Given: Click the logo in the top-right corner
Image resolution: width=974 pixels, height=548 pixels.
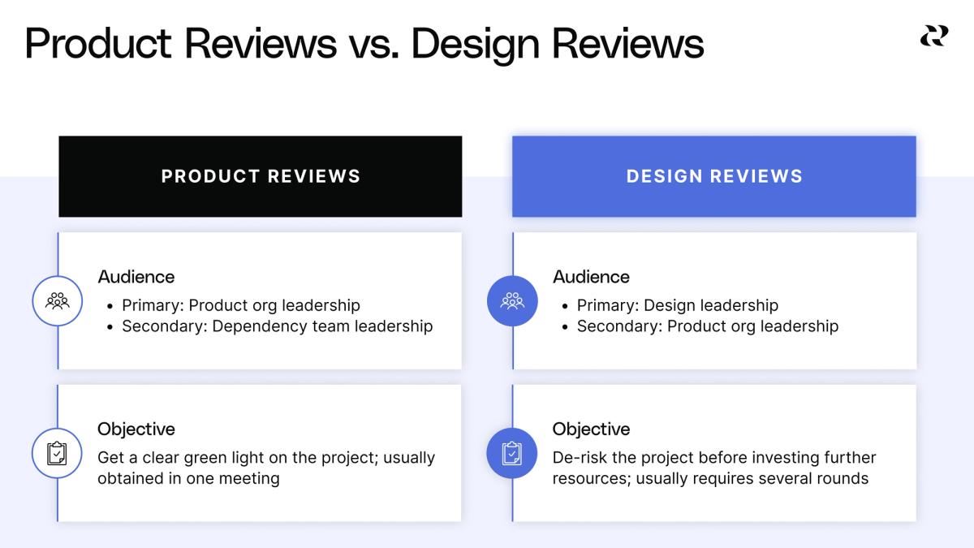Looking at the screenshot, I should click(x=933, y=36).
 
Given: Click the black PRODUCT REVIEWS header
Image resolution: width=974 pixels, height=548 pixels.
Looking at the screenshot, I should click(x=260, y=176).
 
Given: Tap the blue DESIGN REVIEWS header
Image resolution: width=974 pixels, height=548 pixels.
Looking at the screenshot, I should click(x=714, y=176).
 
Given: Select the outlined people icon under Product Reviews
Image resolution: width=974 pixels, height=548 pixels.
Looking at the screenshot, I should click(x=58, y=301).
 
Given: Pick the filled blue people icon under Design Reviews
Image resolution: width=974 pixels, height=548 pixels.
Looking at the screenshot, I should click(x=512, y=301).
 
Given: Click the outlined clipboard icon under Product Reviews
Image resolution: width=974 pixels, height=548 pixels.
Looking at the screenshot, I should click(x=58, y=453).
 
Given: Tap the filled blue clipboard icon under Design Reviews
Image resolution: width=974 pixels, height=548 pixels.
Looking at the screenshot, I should click(x=512, y=453).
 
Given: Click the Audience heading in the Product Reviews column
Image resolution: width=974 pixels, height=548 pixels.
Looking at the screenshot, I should click(x=136, y=277).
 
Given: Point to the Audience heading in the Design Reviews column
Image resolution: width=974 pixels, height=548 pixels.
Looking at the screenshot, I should click(x=591, y=277).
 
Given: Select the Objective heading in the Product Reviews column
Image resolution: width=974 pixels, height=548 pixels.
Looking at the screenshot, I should click(x=136, y=429).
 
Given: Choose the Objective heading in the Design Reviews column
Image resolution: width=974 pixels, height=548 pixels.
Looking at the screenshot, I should click(x=591, y=429).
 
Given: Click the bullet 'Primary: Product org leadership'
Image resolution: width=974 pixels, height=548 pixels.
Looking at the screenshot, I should click(x=241, y=305).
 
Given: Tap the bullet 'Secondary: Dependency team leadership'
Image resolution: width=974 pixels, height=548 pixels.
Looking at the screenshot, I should click(x=277, y=326).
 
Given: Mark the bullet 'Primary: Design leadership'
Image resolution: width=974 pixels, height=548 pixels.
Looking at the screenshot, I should click(x=677, y=305).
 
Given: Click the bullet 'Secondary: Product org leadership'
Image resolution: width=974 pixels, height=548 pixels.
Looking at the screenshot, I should click(x=707, y=326).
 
